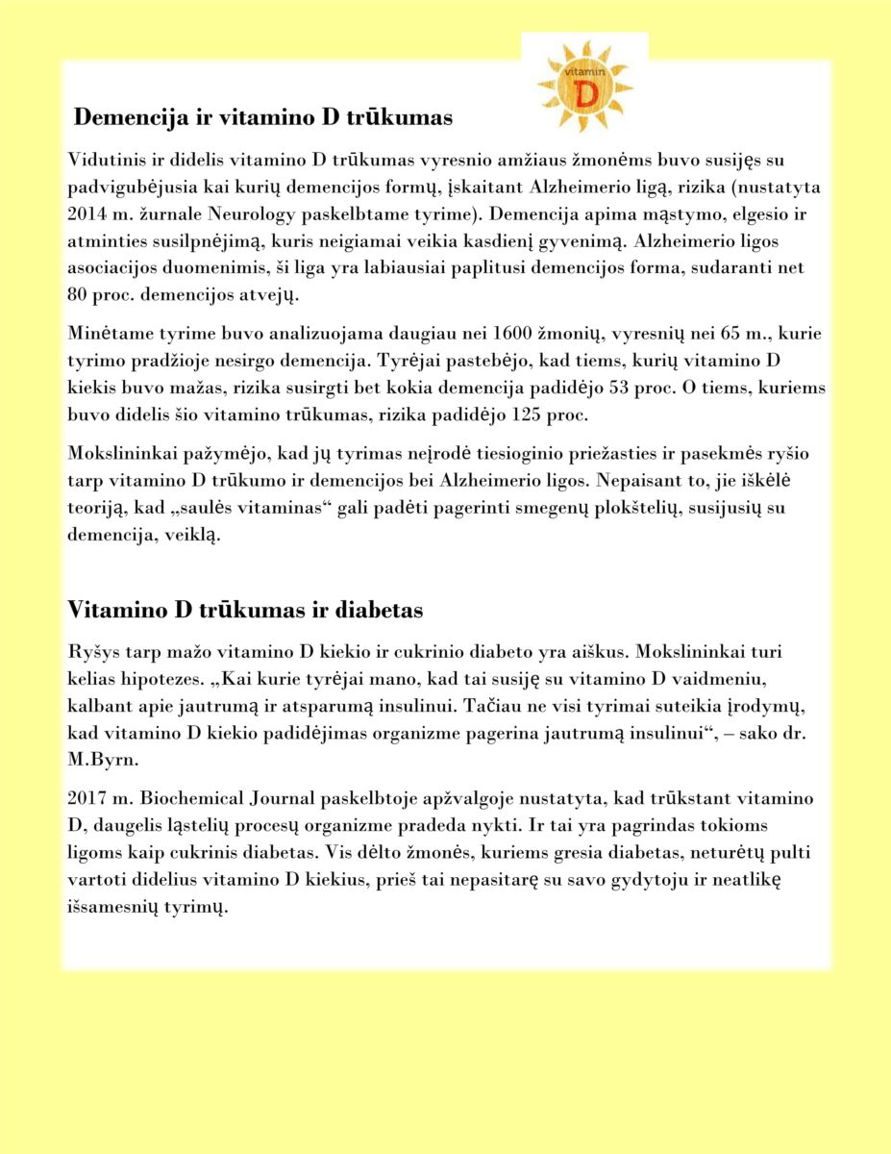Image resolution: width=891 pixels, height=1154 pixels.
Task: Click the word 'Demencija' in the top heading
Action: pos(123,117)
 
